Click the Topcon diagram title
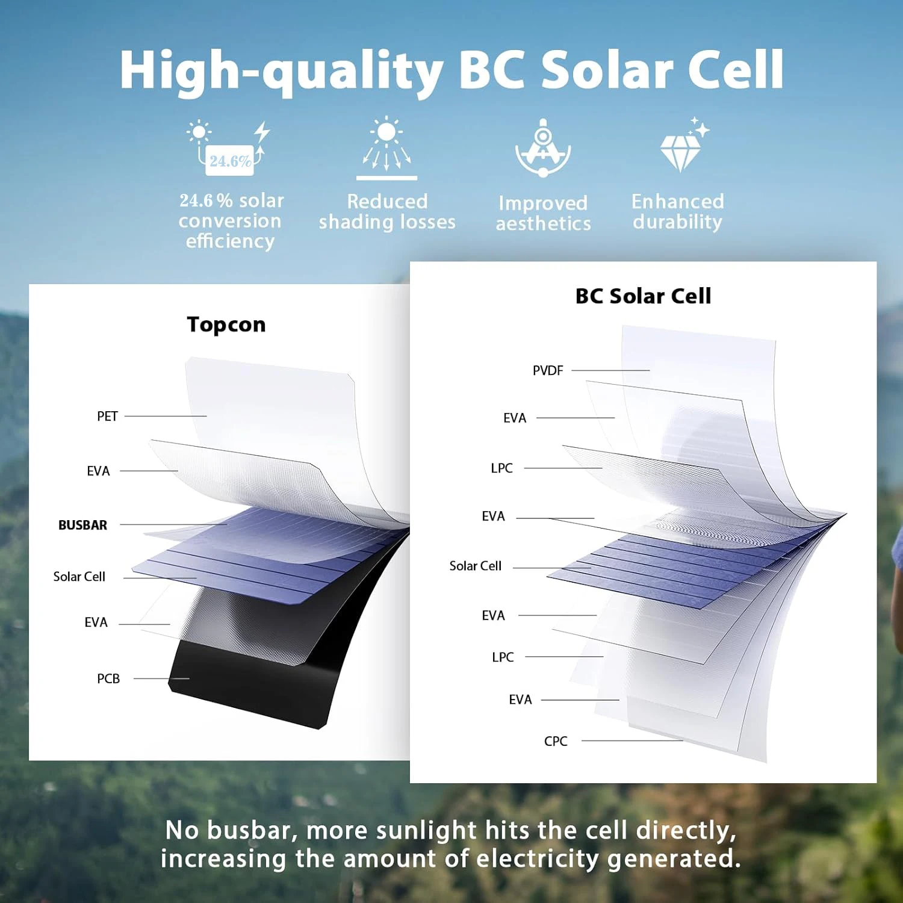(226, 324)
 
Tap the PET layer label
(107, 417)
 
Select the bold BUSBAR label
(82, 525)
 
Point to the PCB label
(108, 679)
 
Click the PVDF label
(548, 371)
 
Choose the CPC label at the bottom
(556, 742)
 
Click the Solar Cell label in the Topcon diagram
(79, 577)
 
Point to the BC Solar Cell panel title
(643, 296)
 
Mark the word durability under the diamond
(677, 222)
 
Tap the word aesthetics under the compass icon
(543, 224)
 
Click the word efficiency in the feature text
(230, 241)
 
